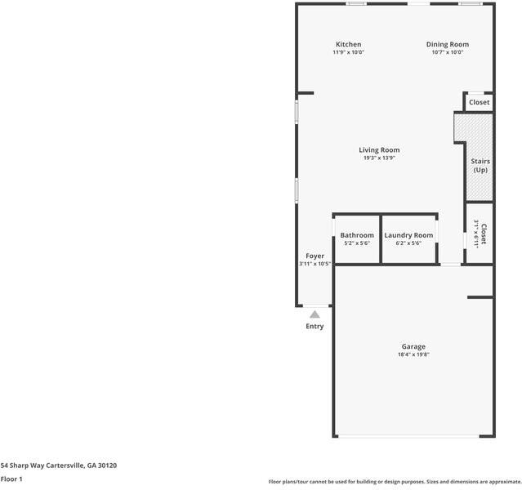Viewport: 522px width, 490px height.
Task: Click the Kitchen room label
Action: point(348,44)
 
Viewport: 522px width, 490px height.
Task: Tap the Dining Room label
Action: point(447,44)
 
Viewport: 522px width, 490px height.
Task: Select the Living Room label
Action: point(379,149)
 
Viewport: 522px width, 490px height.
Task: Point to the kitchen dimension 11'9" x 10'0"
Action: point(348,52)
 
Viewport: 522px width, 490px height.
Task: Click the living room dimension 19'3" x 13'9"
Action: point(379,158)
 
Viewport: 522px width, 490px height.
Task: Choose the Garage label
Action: point(413,346)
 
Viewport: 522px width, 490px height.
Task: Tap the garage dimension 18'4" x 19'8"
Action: point(413,354)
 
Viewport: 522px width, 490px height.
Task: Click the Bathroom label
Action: point(357,235)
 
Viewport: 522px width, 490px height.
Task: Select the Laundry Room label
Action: point(408,235)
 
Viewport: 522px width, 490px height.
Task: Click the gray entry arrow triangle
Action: point(315,313)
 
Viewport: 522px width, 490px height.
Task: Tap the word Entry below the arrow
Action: point(315,326)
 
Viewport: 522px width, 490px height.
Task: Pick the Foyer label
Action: point(315,256)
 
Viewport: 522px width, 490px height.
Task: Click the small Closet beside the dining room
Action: point(479,102)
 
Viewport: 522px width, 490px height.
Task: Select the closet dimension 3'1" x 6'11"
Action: point(475,234)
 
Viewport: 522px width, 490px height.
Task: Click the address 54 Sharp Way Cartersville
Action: point(59,465)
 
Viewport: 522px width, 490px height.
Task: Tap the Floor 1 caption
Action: point(11,479)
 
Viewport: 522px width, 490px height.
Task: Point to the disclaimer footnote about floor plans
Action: point(395,482)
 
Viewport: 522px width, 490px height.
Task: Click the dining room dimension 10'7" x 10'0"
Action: point(447,52)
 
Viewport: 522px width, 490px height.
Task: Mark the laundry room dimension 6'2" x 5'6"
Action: point(408,243)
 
